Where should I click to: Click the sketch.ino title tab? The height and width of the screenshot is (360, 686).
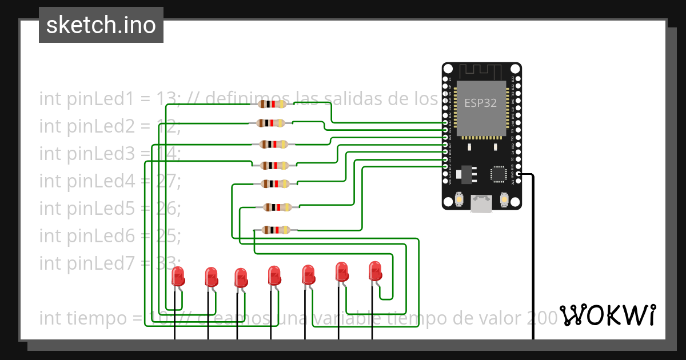pos(101,25)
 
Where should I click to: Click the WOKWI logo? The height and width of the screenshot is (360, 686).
pos(608,315)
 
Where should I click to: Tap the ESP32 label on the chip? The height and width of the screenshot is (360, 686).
pos(480,103)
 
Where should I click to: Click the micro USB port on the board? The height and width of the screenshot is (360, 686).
pos(481,203)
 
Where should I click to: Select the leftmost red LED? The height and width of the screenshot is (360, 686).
pos(178,277)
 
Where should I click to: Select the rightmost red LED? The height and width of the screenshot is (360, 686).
pos(375,270)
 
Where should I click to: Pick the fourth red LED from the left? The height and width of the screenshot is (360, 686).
pos(274,275)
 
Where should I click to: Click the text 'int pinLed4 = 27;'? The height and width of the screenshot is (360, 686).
pos(110,181)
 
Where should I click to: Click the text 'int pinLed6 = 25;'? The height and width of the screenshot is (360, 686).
pos(110,235)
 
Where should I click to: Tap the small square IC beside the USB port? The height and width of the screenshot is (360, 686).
pos(499,174)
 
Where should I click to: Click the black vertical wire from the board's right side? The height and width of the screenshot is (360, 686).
pos(533,257)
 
